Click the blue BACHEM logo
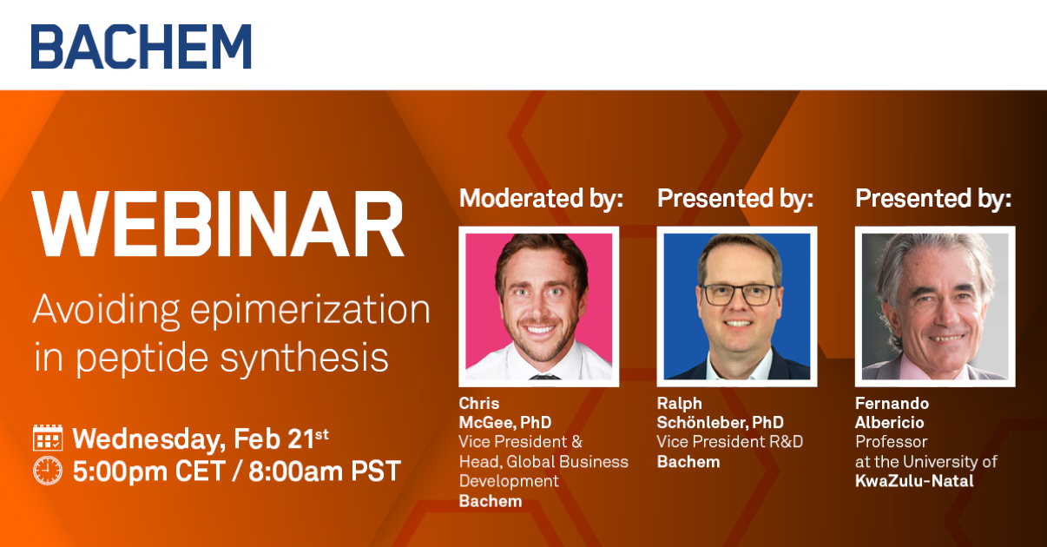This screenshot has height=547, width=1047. (142, 46)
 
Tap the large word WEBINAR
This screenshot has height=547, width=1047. (218, 224)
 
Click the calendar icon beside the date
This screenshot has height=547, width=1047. (48, 438)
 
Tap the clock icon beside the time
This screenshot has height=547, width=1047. (48, 471)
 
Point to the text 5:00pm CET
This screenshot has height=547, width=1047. (149, 471)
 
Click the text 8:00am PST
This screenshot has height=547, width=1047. (325, 471)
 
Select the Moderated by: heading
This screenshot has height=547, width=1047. (541, 198)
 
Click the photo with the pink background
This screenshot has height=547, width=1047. (539, 306)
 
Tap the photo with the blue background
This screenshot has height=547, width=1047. (737, 306)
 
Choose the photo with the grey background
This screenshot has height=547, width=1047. (935, 306)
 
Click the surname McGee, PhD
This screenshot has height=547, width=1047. (505, 423)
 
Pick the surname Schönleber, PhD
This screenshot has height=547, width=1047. (721, 423)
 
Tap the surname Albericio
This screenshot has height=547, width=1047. (890, 423)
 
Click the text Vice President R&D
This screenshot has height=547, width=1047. (730, 442)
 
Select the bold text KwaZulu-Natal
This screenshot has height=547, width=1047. (915, 481)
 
